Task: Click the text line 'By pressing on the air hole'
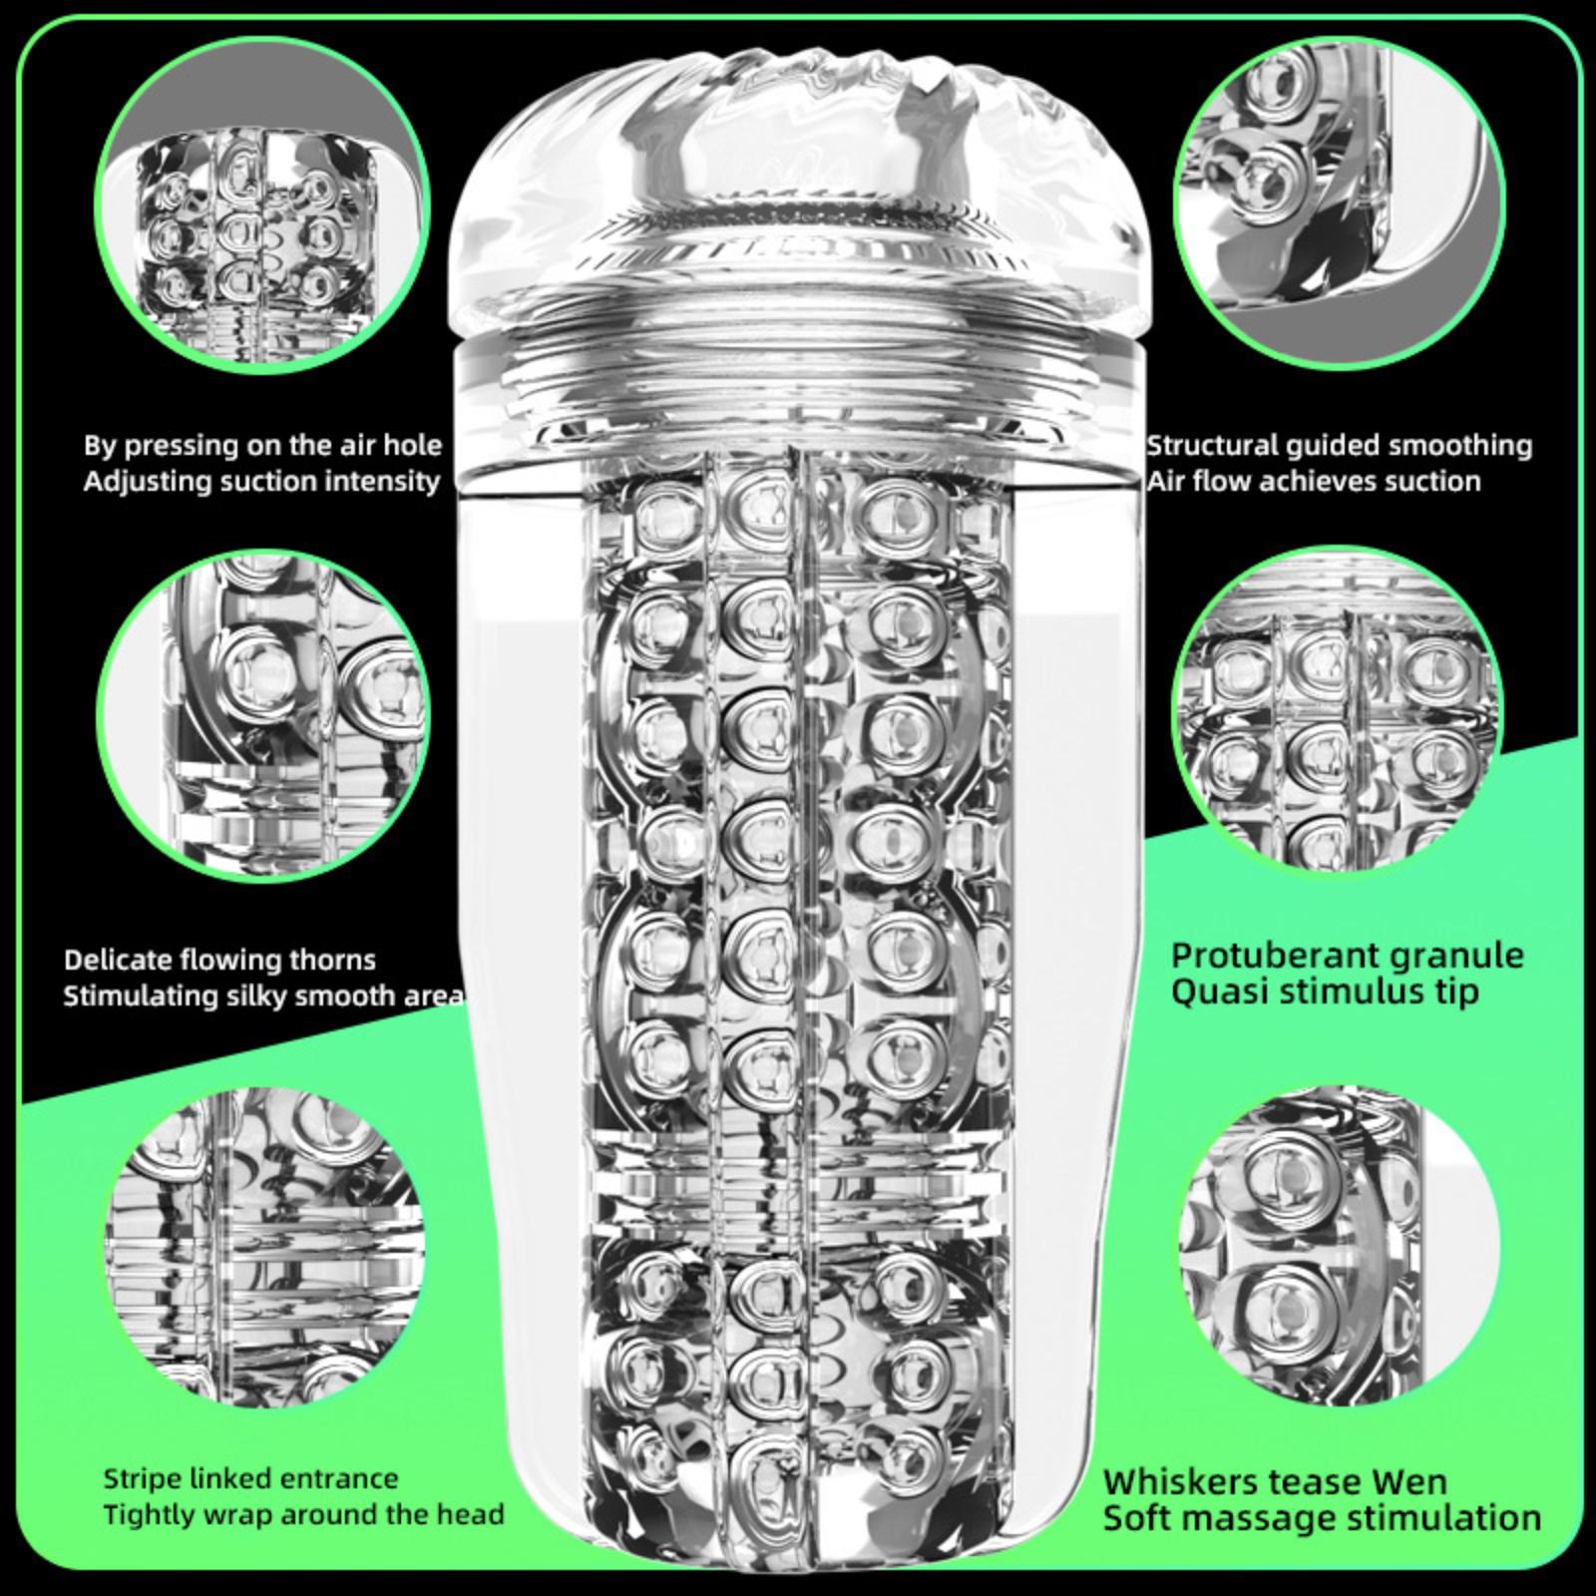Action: pos(262,445)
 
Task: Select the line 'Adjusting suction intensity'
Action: pos(261,482)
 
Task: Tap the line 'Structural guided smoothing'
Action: pos(1339,445)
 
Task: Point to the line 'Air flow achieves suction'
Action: pos(1313,482)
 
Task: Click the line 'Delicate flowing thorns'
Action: pos(219,960)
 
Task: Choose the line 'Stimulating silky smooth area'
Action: pos(263,996)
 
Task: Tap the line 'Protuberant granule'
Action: pos(1347,955)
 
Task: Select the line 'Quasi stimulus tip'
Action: pos(1325,993)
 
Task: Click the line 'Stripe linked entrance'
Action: pos(250,1478)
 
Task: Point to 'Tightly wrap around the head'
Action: pos(303,1514)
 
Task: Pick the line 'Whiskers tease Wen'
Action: pos(1275,1481)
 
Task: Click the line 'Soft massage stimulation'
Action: pos(1322,1518)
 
